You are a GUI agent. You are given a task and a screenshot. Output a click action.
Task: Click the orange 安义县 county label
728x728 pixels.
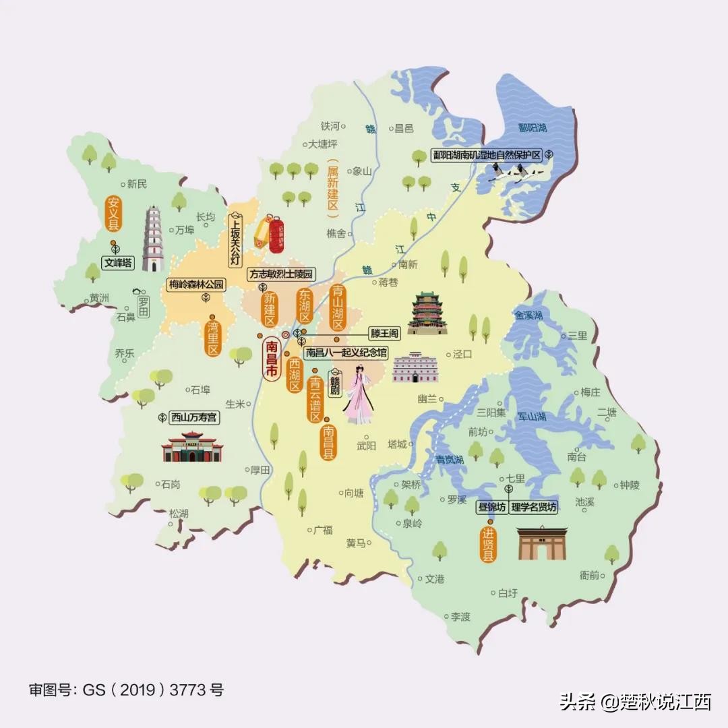pyautogui.click(x=113, y=212)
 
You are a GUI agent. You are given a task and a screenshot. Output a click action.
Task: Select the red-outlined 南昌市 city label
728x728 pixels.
pyautogui.click(x=272, y=361)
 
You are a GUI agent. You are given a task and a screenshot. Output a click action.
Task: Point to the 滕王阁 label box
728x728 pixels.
pyautogui.click(x=385, y=333)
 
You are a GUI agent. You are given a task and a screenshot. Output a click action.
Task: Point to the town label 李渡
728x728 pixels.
pyautogui.click(x=460, y=616)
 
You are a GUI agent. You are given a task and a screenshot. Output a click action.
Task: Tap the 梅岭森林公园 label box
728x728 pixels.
pyautogui.click(x=195, y=284)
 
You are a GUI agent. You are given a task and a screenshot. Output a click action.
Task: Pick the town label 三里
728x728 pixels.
pyautogui.click(x=577, y=335)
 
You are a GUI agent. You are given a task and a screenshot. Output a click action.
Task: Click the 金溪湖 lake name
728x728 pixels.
pyautogui.click(x=528, y=315)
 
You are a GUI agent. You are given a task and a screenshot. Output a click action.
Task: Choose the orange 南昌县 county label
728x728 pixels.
pyautogui.click(x=328, y=442)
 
